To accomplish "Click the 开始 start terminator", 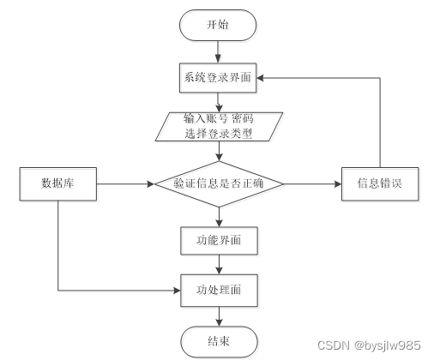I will click(x=218, y=24).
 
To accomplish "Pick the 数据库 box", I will click(x=56, y=183).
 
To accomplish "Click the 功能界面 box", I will click(x=218, y=241).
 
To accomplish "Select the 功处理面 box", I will click(x=218, y=290).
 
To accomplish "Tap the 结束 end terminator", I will click(x=218, y=340).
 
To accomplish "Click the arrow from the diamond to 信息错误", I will click(x=313, y=183).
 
